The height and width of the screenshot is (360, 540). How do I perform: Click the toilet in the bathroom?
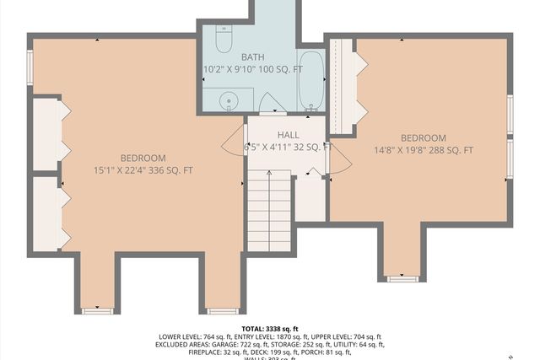pos(224,40)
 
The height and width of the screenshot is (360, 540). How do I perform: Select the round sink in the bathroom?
pos(228,102)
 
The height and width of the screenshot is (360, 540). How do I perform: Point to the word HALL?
pos(288,135)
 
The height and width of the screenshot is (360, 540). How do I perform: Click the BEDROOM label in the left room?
pos(143,158)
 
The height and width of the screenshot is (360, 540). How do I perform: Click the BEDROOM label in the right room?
pos(423,138)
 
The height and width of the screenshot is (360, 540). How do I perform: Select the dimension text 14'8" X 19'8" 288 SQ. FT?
pos(423,151)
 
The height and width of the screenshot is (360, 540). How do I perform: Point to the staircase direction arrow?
pos(269,181)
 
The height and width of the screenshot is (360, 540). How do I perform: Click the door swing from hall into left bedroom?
pos(234,142)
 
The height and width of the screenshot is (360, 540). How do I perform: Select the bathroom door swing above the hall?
pos(271,103)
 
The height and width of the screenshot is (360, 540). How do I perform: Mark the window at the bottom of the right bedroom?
pos(402,277)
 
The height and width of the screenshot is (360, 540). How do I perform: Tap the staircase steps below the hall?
pos(269,215)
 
